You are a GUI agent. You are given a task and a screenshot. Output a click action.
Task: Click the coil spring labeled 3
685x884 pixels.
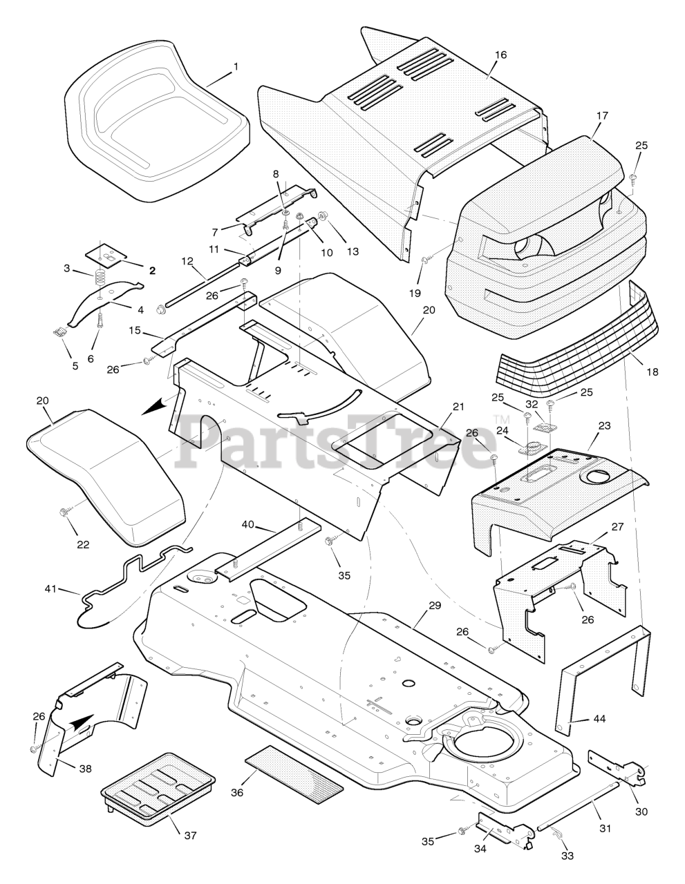coord(101,279)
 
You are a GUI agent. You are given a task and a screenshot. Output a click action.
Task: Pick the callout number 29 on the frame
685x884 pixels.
coord(434,606)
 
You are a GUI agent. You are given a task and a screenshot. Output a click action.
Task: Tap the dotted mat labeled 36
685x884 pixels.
coord(294,773)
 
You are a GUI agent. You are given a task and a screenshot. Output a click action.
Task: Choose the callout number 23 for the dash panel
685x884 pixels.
coord(603,426)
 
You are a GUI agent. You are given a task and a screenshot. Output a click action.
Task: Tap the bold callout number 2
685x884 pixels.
coord(152,271)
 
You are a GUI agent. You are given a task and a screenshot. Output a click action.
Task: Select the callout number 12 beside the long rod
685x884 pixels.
coord(188,261)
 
